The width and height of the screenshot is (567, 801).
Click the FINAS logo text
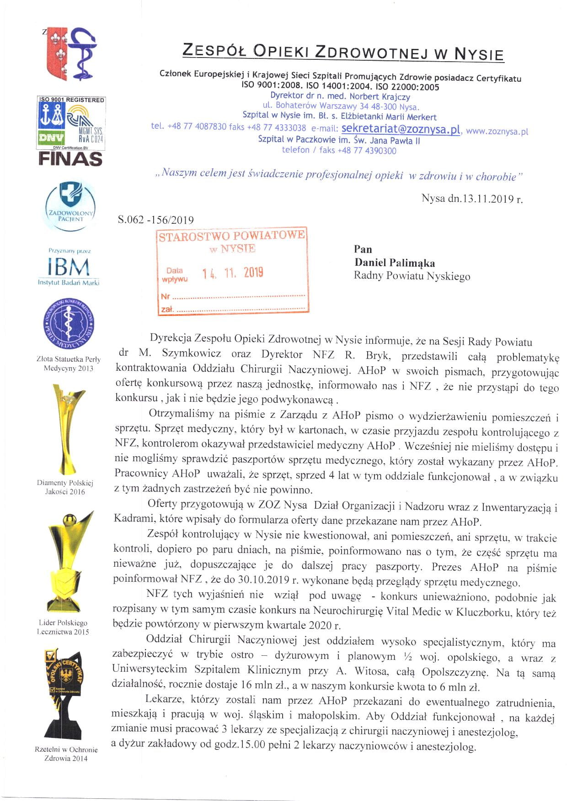click(x=70, y=159)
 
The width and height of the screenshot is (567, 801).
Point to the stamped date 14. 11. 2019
click(x=233, y=273)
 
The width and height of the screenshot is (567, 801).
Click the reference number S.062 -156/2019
click(x=155, y=220)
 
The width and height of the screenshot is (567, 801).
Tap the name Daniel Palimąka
click(x=395, y=263)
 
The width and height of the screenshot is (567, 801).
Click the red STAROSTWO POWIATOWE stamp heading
click(x=231, y=236)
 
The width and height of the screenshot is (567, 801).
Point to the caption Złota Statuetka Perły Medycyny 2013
click(x=68, y=364)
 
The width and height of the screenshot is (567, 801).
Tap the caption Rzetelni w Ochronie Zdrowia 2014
click(x=66, y=754)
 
